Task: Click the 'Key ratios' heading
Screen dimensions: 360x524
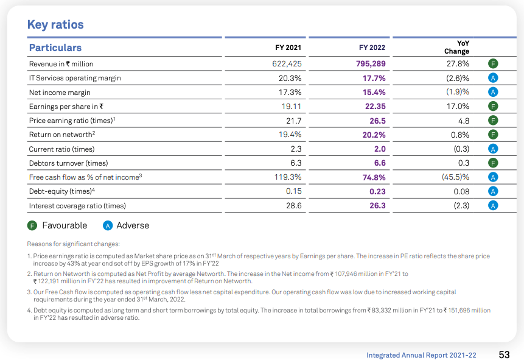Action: tap(55, 25)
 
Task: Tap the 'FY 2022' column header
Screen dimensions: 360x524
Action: tap(372, 48)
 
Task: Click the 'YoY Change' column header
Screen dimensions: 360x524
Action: tap(456, 48)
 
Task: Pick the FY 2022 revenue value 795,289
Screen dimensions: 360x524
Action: tap(371, 64)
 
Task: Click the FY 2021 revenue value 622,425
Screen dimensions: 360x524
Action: tap(287, 64)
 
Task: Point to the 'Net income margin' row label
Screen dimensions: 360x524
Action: tap(60, 92)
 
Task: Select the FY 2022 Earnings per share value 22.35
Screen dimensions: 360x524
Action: tap(374, 107)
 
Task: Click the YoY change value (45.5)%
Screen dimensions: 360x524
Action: tap(455, 177)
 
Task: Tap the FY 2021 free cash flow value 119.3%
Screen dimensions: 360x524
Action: tap(288, 177)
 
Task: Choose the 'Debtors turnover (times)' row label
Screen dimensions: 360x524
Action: tap(68, 163)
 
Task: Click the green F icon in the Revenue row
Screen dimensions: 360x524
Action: tap(494, 64)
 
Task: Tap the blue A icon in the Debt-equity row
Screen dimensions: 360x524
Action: tap(494, 192)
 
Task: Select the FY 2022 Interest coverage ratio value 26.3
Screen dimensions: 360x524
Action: tap(377, 206)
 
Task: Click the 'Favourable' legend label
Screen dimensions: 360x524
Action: tap(65, 225)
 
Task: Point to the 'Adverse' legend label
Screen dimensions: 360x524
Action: tap(133, 225)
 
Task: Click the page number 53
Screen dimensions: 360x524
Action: tap(504, 355)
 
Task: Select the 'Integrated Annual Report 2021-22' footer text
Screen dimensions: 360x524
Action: tap(421, 355)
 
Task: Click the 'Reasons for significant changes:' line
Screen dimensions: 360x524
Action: tap(73, 244)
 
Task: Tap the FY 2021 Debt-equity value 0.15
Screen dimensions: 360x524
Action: tap(293, 192)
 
